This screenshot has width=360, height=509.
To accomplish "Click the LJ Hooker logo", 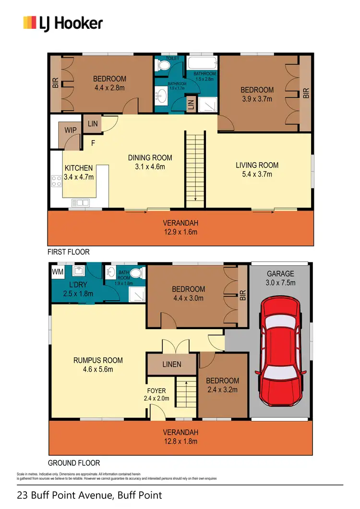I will (63, 23).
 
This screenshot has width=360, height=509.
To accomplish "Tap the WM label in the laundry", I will (57, 272).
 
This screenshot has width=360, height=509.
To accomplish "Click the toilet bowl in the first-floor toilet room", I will (162, 69).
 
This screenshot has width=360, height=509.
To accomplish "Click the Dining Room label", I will (150, 158).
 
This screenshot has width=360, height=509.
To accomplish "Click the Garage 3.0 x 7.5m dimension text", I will (280, 282).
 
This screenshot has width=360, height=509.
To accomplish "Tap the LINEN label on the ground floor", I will (171, 364).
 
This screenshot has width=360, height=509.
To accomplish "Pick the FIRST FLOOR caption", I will (69, 252).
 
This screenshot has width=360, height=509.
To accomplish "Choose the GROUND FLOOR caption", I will (74, 463).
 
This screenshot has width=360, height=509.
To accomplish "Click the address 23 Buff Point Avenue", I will (89, 495).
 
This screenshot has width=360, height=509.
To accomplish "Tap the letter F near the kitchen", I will (93, 142).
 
